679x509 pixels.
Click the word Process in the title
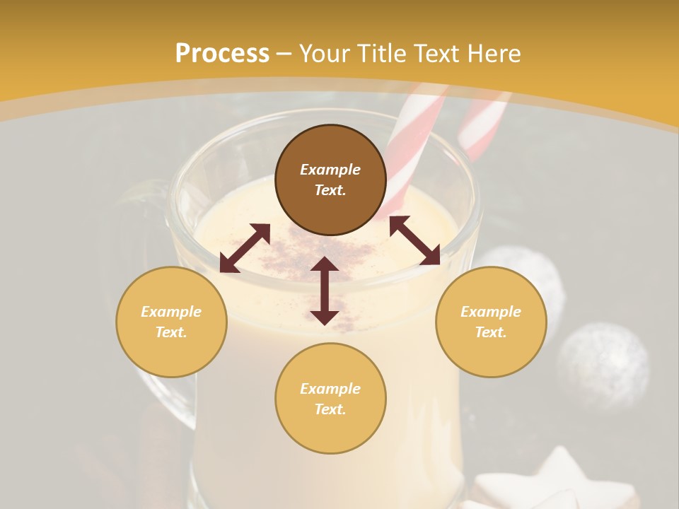[x=222, y=54]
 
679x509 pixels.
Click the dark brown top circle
[x=330, y=205]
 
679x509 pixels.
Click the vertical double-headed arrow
[x=325, y=291]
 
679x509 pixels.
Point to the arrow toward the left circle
[x=245, y=248]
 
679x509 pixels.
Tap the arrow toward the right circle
[x=414, y=240]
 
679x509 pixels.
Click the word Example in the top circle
[x=330, y=170]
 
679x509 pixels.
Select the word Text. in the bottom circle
[x=330, y=409]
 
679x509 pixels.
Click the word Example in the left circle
[x=171, y=312]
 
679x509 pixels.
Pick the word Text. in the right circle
[x=491, y=332]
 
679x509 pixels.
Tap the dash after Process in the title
[x=284, y=54]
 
